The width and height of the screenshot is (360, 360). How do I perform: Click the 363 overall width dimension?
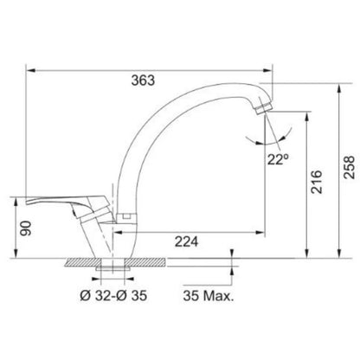coord(143,80)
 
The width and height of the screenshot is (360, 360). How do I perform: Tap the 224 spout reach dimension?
coord(186,241)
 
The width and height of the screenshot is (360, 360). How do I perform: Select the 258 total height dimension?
coord(349,167)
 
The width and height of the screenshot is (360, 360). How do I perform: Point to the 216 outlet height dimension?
coord(316,182)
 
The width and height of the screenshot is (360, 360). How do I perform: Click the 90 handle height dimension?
coord(26,228)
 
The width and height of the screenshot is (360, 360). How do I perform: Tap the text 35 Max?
coord(209,296)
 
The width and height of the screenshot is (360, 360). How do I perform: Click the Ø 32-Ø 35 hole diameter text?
coord(113,296)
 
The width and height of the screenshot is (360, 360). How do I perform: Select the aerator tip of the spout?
coord(264,108)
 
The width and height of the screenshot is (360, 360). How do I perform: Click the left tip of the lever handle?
coord(27,202)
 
